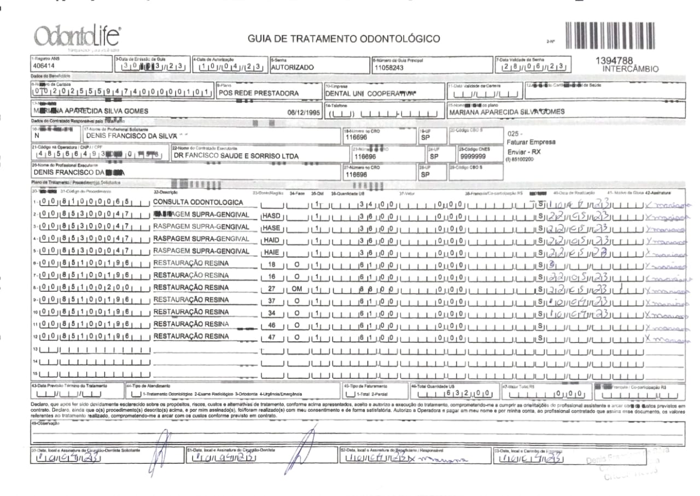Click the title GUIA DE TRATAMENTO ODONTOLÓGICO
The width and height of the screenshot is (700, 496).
(343, 39)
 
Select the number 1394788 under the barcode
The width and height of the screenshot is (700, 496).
(614, 61)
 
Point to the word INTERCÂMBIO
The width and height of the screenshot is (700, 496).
(630, 69)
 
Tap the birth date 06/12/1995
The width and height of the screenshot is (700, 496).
(304, 112)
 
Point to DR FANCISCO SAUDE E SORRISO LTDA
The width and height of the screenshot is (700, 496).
(236, 156)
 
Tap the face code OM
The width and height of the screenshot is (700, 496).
(297, 288)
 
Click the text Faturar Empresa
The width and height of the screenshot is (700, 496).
(531, 142)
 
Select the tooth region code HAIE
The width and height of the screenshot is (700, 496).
(271, 252)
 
